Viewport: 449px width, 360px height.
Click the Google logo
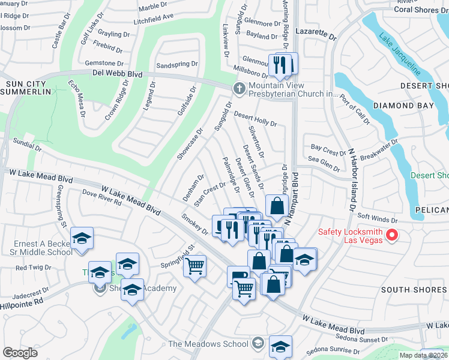[20, 353]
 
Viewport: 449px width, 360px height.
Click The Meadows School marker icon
[258, 343]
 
